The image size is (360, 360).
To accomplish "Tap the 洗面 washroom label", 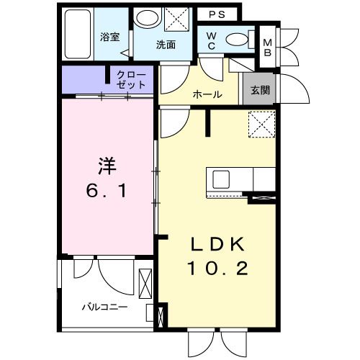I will coord(166,45).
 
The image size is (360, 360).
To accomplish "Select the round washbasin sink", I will coord(148,19).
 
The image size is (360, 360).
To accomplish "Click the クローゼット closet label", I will coord(131,79).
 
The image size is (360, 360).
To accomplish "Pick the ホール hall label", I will coord(207,94).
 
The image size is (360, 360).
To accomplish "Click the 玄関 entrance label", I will coord(260,91).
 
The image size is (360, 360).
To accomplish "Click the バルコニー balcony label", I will coord(104,307).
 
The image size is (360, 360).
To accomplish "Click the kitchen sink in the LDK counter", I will coord(220,178).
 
